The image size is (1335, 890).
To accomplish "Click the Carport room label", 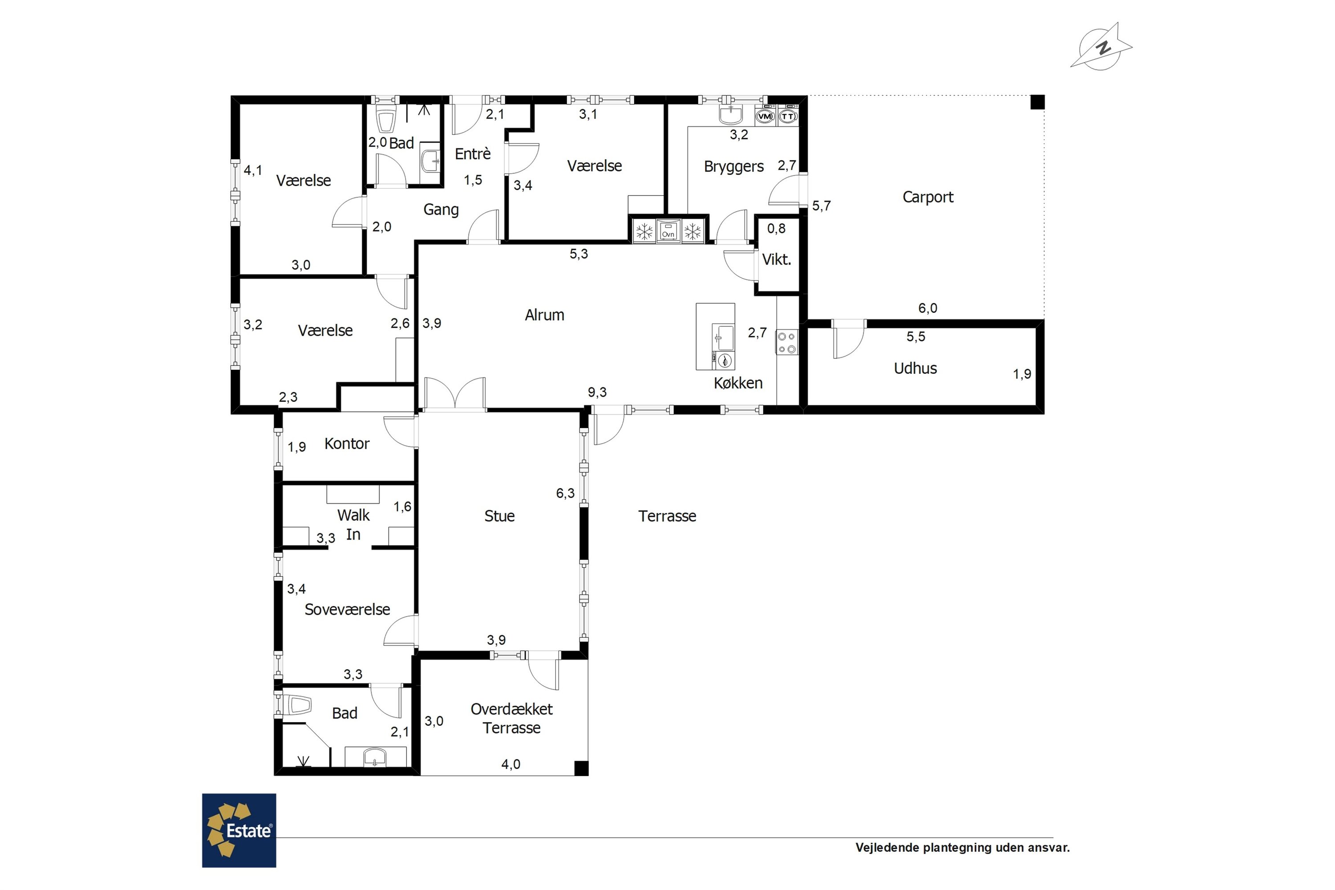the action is (x=927, y=197).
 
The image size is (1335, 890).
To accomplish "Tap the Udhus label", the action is (x=915, y=368).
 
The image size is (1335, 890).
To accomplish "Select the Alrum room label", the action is (x=544, y=315).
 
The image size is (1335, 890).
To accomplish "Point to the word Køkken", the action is (x=738, y=383).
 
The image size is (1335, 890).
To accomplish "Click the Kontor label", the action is (x=347, y=443).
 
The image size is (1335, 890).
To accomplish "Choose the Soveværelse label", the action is (x=348, y=609).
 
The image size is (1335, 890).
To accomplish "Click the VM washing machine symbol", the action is (x=765, y=116).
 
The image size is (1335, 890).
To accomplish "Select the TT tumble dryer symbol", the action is (x=787, y=116).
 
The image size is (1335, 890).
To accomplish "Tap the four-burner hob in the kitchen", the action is (x=787, y=342).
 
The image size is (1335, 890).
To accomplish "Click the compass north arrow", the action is (x=1102, y=48).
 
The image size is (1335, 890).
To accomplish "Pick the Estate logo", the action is (x=239, y=830).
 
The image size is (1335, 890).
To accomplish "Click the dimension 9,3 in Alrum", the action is (x=597, y=392).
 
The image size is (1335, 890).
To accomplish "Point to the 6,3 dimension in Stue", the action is (x=565, y=493).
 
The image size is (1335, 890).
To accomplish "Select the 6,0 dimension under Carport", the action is (x=927, y=308).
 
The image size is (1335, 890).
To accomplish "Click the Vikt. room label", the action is (x=776, y=259).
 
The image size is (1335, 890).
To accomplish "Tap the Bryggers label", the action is (x=734, y=167).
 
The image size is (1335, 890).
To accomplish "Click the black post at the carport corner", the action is (x=1038, y=102).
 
